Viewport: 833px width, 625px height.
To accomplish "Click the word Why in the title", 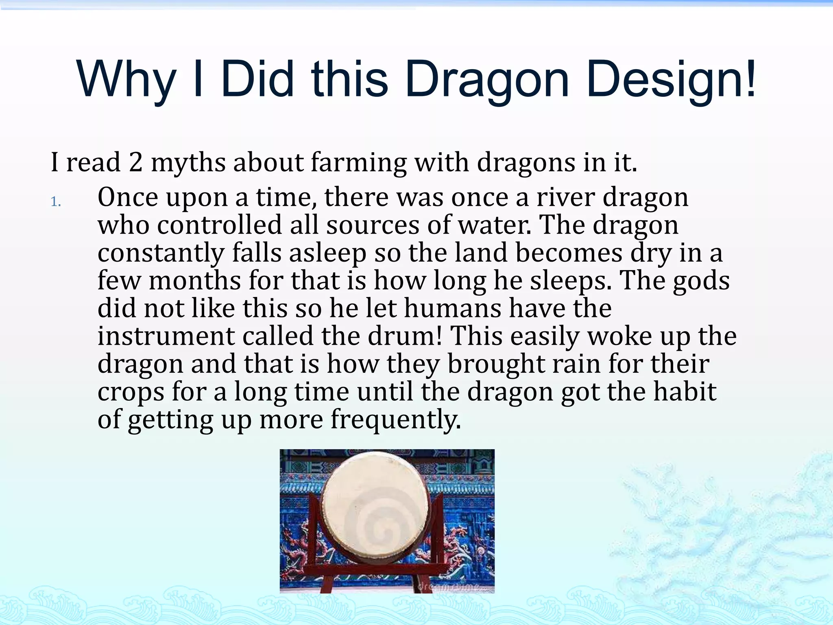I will coord(126,79).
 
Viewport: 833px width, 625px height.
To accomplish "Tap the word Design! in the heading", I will coord(671,79).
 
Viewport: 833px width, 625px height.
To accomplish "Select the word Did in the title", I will coord(257,79).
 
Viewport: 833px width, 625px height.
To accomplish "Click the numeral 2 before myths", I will coord(136,162).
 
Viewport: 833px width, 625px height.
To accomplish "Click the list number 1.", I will coord(55,202).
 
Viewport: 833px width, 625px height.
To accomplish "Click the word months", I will coord(195,281).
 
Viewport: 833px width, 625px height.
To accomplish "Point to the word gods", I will coord(701,281).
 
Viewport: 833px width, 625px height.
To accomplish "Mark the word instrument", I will coord(166,336).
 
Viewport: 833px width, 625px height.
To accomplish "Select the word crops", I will coord(131,392).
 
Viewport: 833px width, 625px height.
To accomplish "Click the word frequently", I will coord(395,420).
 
